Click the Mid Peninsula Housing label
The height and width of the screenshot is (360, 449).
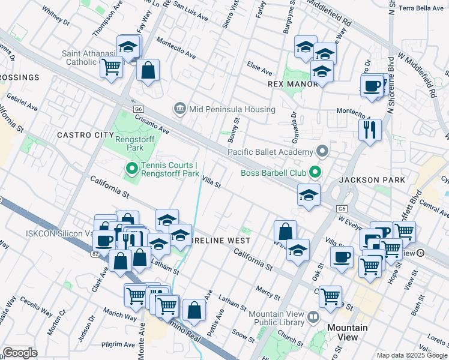(x=232, y=109)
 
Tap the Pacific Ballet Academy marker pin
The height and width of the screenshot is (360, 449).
(x=322, y=151)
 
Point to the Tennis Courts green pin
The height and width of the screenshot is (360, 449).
(x=131, y=170)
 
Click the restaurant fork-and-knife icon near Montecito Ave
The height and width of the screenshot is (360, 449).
(x=370, y=128)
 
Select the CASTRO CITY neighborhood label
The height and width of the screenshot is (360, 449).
(x=85, y=136)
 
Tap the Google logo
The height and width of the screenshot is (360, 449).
(x=20, y=353)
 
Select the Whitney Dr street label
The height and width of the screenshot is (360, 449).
(x=56, y=16)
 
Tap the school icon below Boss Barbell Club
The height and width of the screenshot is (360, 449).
(x=309, y=195)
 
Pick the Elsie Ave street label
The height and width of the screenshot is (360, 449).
(x=259, y=63)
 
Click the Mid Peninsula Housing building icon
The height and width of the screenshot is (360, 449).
(x=179, y=109)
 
